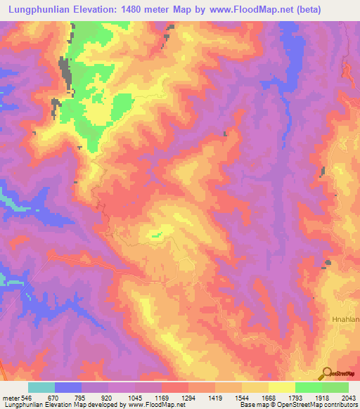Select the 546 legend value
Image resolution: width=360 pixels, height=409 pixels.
[27, 398]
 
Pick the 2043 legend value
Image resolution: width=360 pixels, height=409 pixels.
[348, 398]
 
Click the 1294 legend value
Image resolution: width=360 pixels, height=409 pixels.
[188, 398]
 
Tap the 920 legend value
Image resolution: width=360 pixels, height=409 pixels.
[108, 398]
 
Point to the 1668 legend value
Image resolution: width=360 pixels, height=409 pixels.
[268, 398]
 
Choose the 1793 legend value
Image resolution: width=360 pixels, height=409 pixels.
[295, 398]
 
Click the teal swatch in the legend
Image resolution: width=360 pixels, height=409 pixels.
[41, 387]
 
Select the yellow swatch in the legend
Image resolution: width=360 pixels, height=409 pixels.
[281, 387]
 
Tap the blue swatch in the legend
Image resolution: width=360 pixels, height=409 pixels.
[67, 387]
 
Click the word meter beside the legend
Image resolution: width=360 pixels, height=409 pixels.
[11, 398]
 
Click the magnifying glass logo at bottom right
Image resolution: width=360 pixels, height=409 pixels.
[327, 373]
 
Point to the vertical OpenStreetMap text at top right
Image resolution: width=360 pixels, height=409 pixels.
[347, 70]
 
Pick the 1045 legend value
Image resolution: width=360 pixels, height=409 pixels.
[134, 398]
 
